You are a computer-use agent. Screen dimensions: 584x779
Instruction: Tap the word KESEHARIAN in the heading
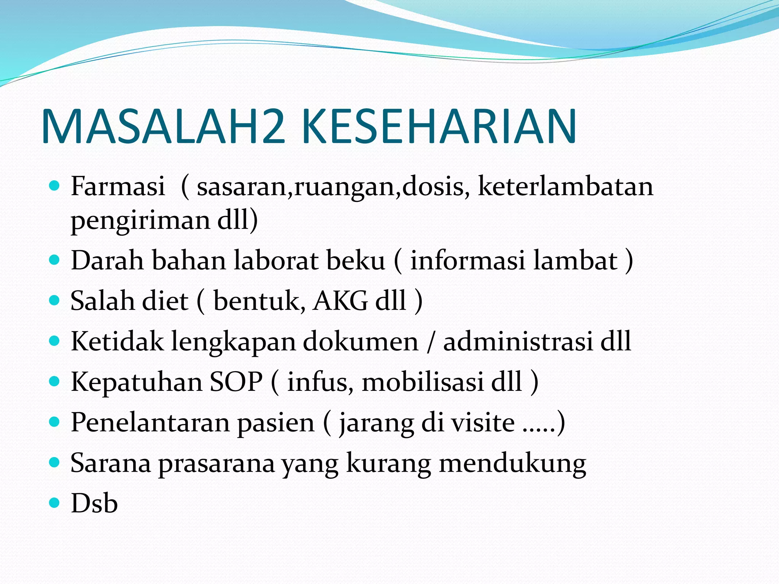tap(439, 127)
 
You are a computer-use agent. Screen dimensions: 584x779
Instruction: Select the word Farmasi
tap(118, 186)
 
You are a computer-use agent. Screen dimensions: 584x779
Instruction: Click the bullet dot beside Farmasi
tap(55, 186)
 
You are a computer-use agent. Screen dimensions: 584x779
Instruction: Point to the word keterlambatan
tap(565, 186)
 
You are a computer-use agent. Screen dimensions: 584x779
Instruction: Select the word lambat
tap(575, 260)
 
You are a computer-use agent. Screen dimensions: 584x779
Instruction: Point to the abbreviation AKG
tap(340, 301)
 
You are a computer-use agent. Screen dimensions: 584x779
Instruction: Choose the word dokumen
tap(360, 341)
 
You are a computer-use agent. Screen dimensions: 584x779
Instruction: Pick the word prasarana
tap(216, 463)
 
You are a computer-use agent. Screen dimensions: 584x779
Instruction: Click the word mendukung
tap(512, 463)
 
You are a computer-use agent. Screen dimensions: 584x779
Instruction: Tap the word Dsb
tap(94, 503)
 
